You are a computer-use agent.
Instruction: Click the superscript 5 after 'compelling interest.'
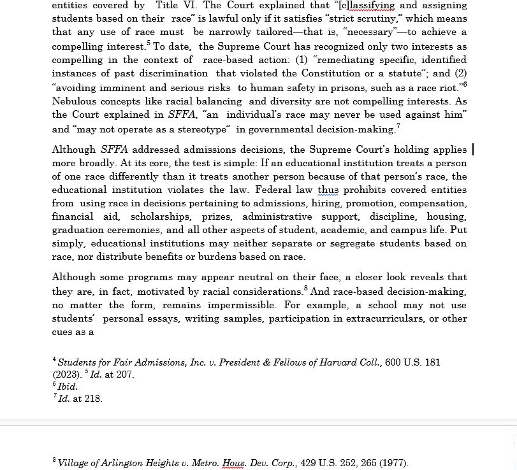149,43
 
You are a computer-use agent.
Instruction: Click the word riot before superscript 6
448,88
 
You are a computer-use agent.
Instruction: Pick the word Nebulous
75,101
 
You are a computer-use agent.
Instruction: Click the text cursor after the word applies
472,150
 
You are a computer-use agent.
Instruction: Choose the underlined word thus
328,190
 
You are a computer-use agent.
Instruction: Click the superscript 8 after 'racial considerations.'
306,288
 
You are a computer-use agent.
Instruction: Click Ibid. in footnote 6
68,387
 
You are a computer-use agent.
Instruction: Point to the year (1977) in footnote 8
391,463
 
